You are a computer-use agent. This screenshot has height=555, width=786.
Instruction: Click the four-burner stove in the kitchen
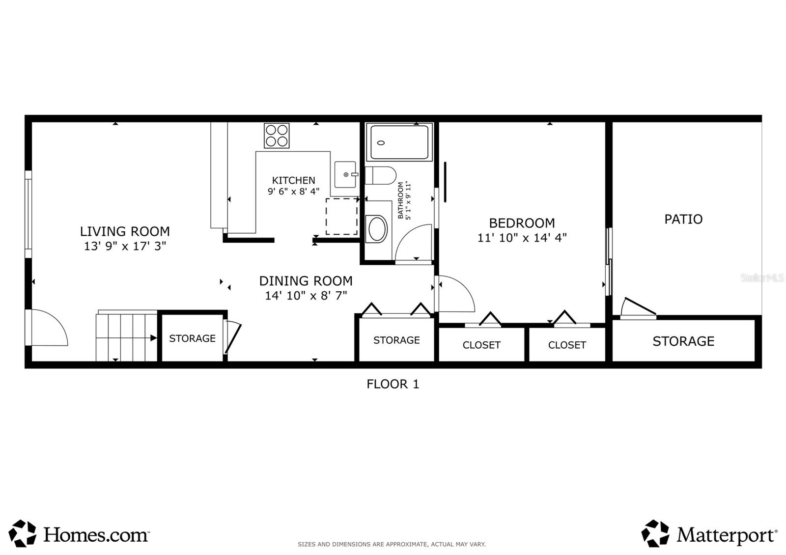277,136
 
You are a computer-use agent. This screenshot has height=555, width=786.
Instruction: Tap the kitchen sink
346,174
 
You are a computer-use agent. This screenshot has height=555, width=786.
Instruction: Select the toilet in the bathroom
381,175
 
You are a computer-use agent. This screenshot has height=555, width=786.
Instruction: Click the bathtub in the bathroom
399,142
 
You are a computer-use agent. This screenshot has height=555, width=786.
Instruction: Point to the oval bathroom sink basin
376,229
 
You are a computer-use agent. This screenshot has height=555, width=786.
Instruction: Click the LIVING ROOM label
125,231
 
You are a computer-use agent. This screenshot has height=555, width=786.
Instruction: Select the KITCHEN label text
294,180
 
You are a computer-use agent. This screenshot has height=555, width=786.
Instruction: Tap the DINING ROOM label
306,281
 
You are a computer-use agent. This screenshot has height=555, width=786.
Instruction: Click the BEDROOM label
522,223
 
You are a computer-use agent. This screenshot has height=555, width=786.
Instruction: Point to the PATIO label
683,219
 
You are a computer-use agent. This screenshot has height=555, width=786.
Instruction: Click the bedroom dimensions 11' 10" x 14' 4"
522,238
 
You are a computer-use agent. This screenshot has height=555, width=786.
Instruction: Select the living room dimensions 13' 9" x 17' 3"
125,246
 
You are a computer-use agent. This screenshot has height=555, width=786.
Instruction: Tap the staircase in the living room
126,336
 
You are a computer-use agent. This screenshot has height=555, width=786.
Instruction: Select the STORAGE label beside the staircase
192,338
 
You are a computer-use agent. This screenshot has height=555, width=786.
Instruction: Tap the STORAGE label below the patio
683,341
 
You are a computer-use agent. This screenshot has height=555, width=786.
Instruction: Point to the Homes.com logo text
96,535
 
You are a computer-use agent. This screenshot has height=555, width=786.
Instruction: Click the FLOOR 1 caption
393,384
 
